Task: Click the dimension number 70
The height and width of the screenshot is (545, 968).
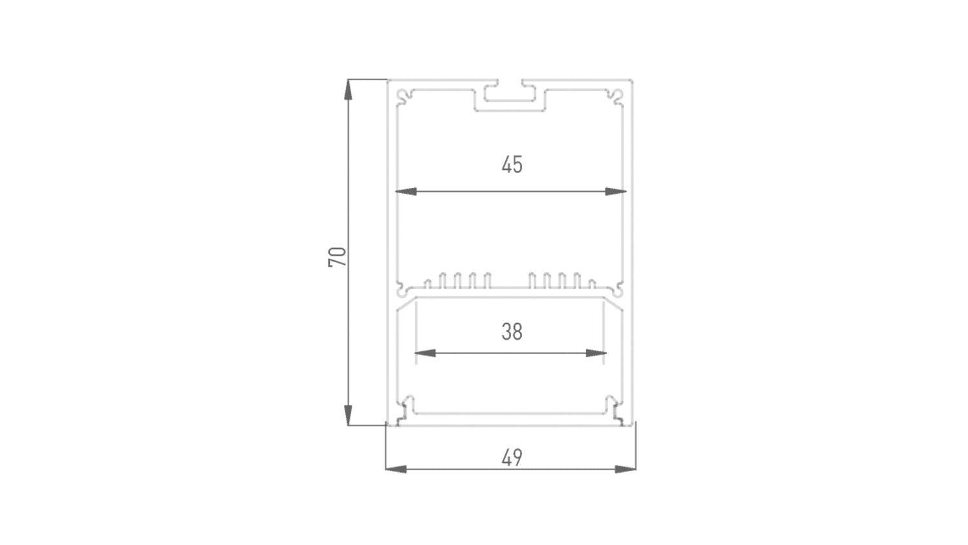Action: pos(338,256)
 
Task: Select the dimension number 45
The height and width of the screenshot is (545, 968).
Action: pos(512,165)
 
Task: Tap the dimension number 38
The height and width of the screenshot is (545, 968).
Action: pos(512,332)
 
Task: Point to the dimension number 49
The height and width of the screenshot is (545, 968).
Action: pos(512,458)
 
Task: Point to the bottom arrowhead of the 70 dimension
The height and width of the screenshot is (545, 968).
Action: pos(348,415)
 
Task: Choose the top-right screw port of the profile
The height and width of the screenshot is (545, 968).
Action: pos(618,96)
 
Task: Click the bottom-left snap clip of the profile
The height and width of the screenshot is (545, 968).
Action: pos(405,408)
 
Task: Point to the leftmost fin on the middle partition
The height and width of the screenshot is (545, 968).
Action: pos(427,283)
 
